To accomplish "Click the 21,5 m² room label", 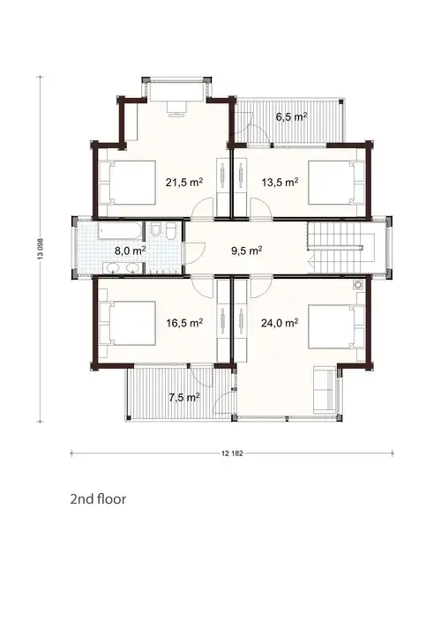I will pos(184,183).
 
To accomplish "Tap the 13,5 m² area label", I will pos(280,183).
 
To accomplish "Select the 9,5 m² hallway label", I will pos(244,251).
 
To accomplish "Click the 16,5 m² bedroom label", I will pos(184,323).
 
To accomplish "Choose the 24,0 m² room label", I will pos(280,323).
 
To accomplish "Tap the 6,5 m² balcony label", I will pos(291,116).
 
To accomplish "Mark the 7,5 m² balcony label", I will pos(183,397).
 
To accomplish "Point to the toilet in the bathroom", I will pos(155,232).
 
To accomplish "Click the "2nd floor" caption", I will pos(98,498).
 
